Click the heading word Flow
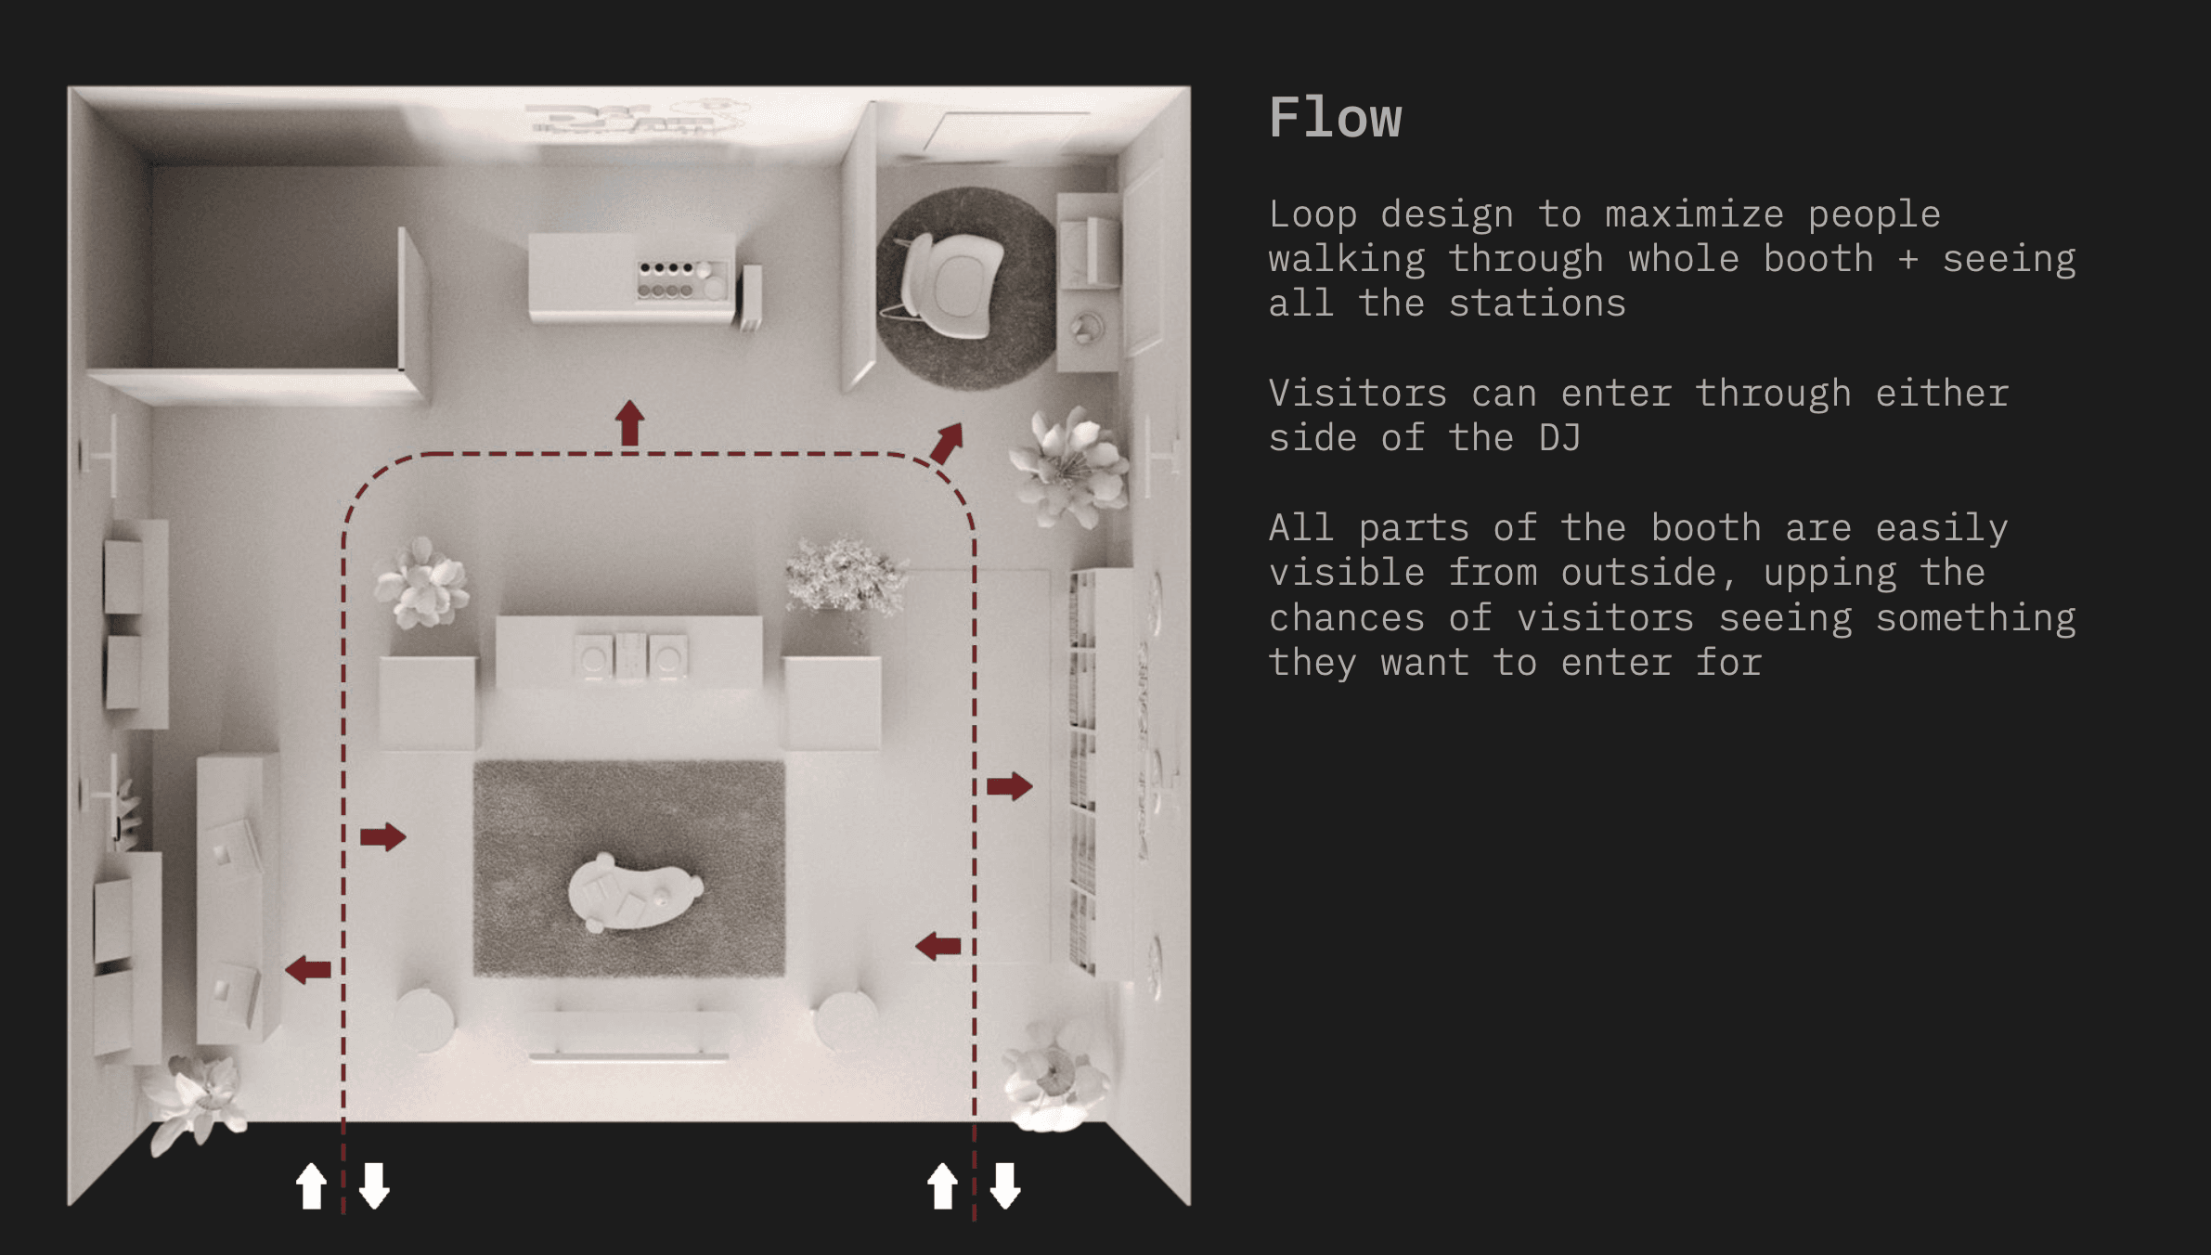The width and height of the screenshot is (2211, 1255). tap(1335, 118)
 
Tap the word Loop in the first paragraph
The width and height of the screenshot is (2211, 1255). tap(1312, 214)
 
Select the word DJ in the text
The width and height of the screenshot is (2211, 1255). tap(1559, 437)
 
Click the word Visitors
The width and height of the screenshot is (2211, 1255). tap(1357, 394)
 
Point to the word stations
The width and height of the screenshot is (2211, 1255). tap(1537, 304)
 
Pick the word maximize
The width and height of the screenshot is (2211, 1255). tap(1694, 214)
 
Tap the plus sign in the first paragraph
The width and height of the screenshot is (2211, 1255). tap(1907, 259)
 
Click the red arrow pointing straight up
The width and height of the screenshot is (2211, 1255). tap(630, 422)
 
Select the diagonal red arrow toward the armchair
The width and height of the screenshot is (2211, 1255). tap(947, 443)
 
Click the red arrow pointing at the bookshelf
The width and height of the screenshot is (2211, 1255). tap(1009, 786)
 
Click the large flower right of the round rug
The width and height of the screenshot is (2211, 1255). tap(1072, 467)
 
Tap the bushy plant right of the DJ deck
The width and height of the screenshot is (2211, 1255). tap(844, 576)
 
